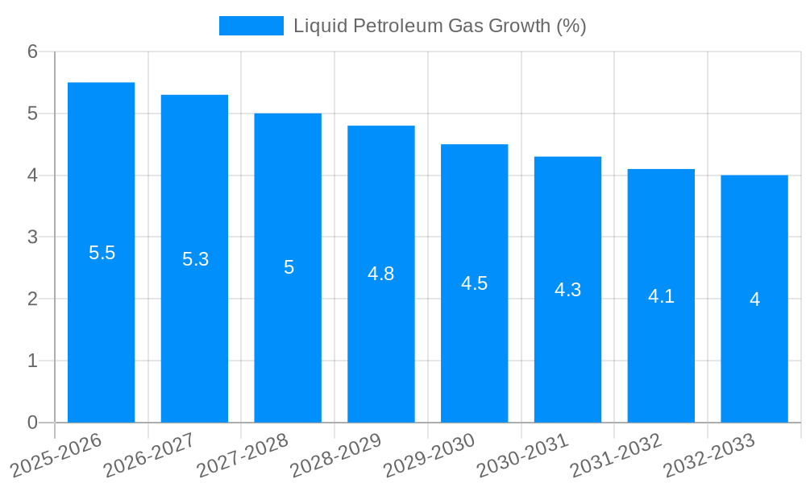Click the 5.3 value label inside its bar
coord(195,259)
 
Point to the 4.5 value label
coord(474,283)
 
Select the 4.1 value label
coord(661,296)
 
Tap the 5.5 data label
coord(102,253)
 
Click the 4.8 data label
coord(380,274)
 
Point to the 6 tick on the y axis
coord(32,52)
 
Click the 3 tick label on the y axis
coord(32,237)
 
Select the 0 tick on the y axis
coord(32,423)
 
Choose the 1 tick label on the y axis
coord(32,361)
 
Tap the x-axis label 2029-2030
coord(430,454)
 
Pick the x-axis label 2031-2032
coord(616,454)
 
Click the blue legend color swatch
coord(251,26)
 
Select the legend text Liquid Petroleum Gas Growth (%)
coord(439,26)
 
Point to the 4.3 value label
coord(567,290)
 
